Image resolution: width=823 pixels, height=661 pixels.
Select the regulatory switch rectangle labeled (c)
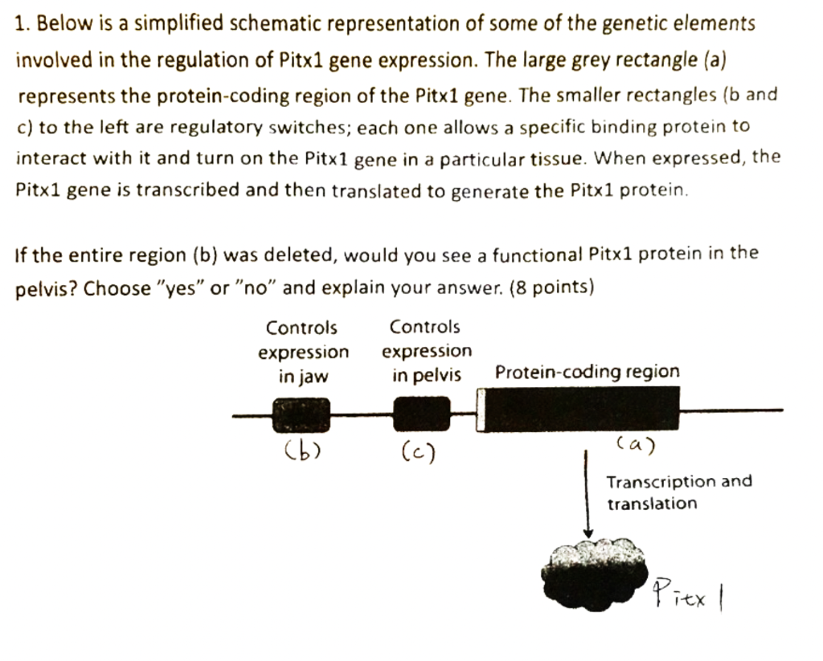coord(421,414)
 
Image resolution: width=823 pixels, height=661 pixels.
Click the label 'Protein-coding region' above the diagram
coord(587,372)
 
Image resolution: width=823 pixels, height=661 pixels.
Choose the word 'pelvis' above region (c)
coord(438,375)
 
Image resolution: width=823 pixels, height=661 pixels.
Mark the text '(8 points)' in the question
coord(556,287)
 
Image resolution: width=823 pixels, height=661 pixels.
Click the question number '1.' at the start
coord(21,24)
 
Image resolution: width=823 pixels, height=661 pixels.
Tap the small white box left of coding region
coord(481,410)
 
